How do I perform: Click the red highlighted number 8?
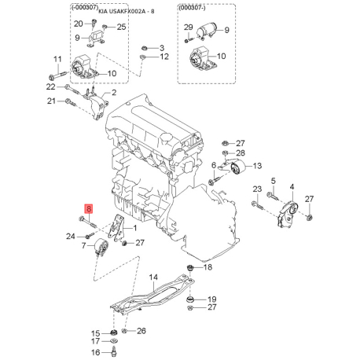tap(89, 208)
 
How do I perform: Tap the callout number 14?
tap(153, 277)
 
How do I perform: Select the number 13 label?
tap(257, 166)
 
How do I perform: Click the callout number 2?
tap(114, 93)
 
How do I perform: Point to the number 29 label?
tap(188, 27)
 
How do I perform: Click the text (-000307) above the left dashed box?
tap(85, 8)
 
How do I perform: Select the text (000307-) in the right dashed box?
tap(192, 8)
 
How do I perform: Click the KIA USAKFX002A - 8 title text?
tap(127, 11)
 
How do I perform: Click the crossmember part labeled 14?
tap(152, 293)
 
